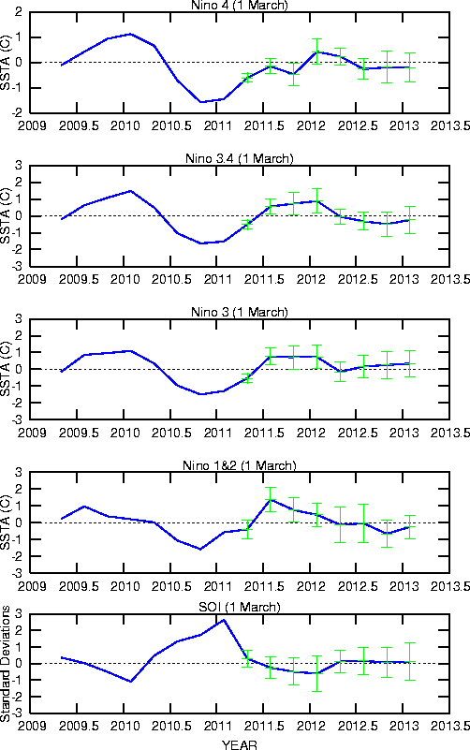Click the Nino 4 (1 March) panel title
240,6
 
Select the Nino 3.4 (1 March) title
240,158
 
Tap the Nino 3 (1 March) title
240,312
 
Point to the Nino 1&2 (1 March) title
240,465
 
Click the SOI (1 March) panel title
240,607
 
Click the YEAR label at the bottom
240,744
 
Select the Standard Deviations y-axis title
6,664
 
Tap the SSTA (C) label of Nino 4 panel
6,62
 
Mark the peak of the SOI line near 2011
224,620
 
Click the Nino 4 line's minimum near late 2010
200,102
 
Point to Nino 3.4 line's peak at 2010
130,191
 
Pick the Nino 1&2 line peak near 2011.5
271,499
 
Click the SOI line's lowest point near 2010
130,681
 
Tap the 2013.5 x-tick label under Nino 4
449,125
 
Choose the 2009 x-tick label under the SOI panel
32,726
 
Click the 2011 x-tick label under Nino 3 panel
217,433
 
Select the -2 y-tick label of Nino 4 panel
18,113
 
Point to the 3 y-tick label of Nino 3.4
19,166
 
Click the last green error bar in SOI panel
410,661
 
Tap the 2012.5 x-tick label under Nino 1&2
358,586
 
